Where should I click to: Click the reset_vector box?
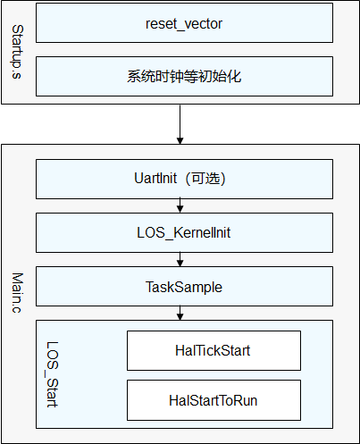(184, 23)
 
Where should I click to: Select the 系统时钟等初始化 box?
(184, 76)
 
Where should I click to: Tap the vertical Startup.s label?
(17, 52)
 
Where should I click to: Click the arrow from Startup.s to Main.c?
(180, 124)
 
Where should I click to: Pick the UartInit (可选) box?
(184, 179)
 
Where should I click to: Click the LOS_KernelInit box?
(184, 232)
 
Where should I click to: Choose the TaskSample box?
(184, 286)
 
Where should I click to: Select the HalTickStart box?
(213, 350)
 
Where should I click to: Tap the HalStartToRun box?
(213, 400)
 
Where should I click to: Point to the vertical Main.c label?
(17, 293)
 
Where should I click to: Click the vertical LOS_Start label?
(52, 374)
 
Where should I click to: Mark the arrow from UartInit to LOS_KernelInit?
(180, 205)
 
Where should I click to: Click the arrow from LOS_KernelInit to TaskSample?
(180, 259)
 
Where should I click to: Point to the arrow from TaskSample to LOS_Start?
(180, 313)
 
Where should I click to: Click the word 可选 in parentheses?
(206, 179)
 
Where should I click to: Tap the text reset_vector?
(184, 24)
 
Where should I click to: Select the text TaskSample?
(184, 287)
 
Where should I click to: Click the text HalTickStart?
(213, 350)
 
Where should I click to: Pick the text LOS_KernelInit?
(184, 232)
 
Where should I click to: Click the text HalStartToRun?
(213, 400)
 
